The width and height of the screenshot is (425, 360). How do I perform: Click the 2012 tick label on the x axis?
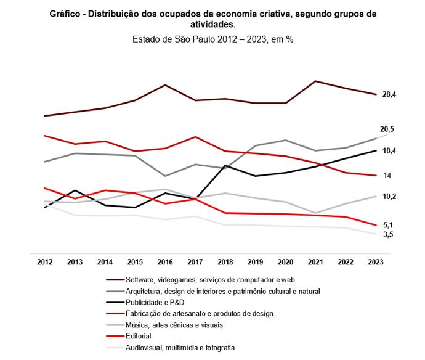click(44, 262)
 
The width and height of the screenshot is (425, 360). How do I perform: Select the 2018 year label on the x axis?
click(225, 262)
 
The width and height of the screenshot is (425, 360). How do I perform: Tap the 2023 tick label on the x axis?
click(375, 262)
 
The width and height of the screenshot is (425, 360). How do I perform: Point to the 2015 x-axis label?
click(135, 262)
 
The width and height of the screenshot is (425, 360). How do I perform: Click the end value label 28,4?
click(389, 94)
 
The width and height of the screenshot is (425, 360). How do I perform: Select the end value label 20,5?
click(387, 129)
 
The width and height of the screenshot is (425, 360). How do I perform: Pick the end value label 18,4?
click(389, 150)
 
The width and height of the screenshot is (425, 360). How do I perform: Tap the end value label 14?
click(387, 176)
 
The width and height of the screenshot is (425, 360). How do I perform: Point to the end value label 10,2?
click(389, 197)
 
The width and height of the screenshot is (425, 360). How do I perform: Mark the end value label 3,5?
click(388, 235)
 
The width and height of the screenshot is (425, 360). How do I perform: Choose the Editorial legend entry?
click(139, 336)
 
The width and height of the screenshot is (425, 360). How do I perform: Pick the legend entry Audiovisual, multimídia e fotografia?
click(180, 347)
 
